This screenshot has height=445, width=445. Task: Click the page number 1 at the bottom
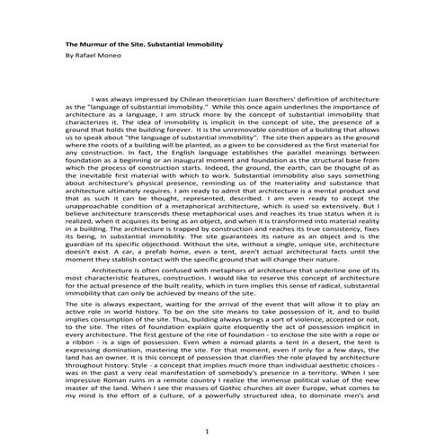[206, 432]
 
